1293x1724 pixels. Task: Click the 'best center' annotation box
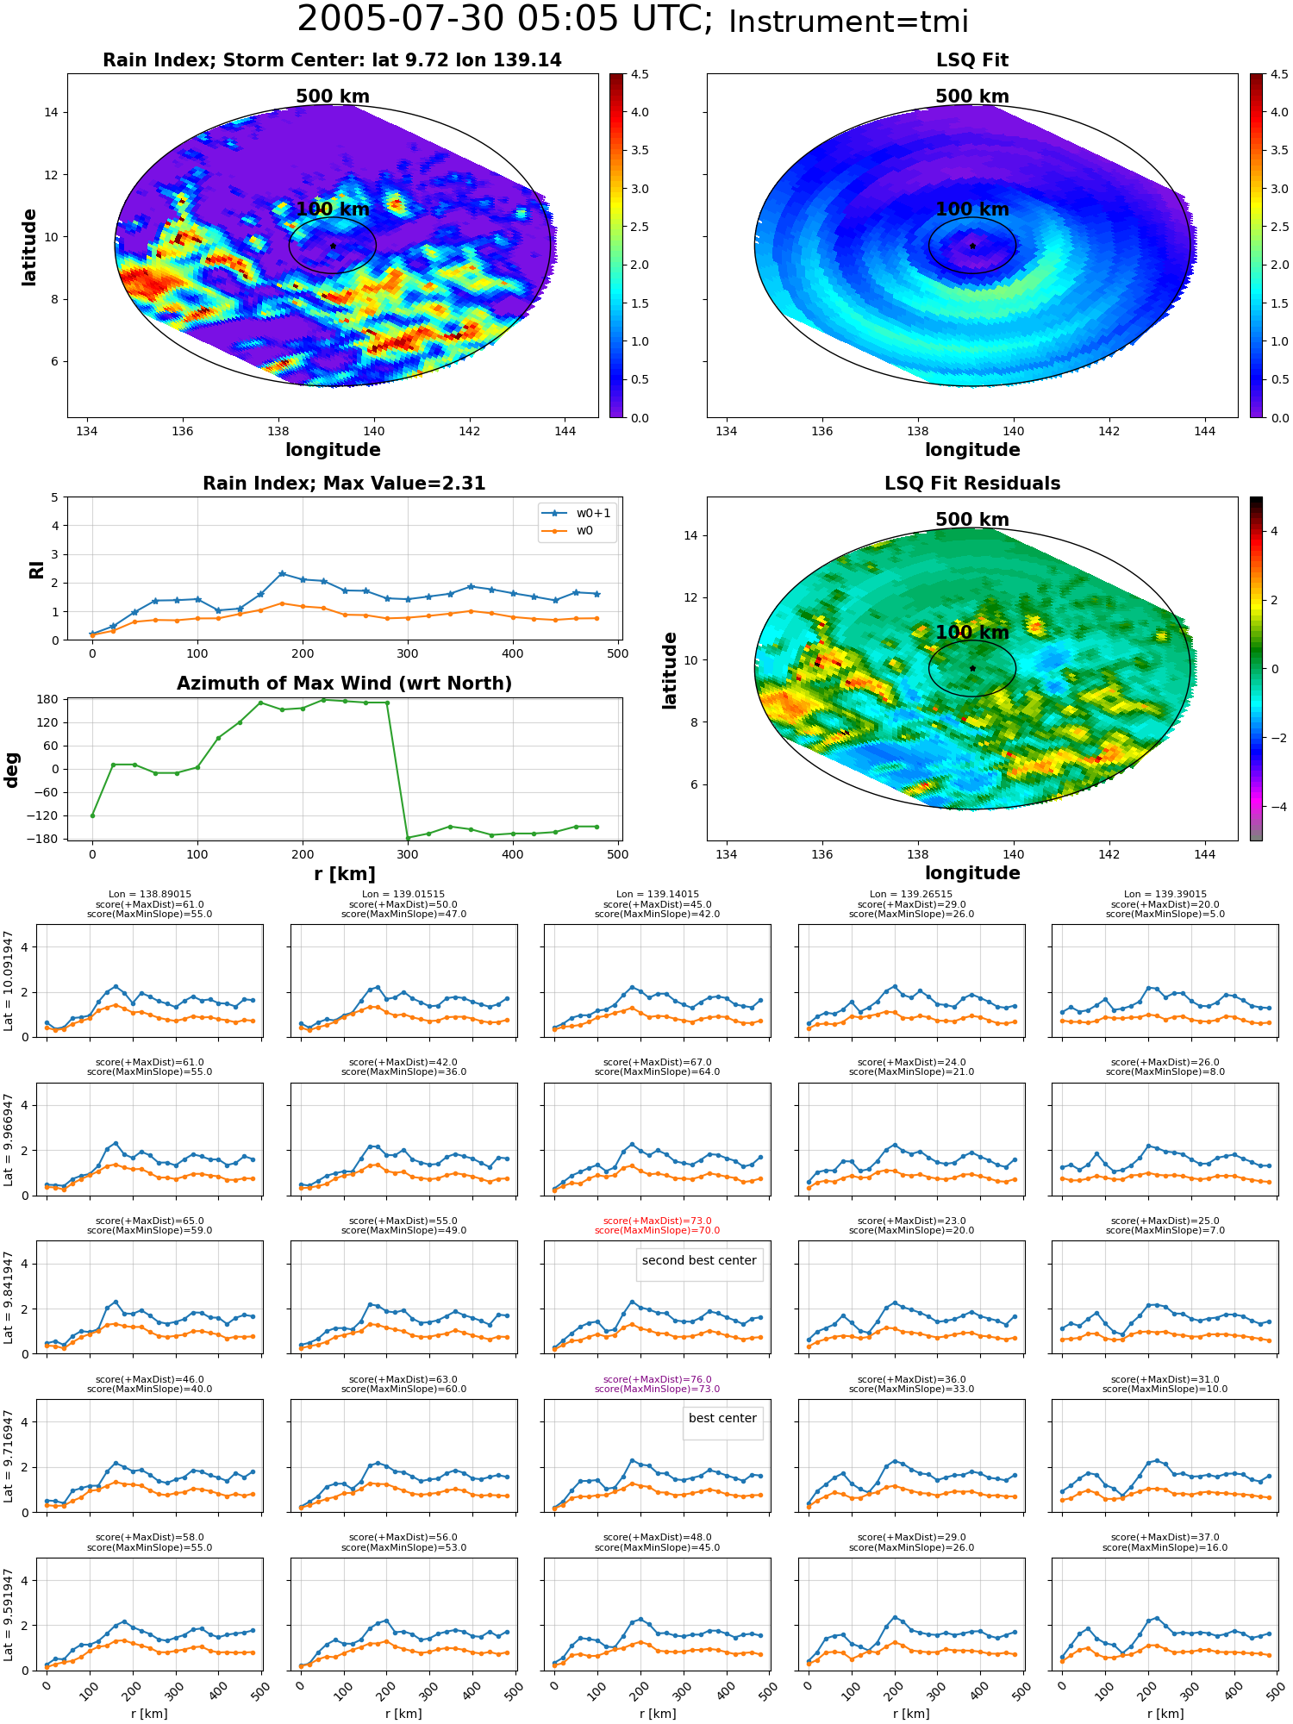[x=722, y=1419]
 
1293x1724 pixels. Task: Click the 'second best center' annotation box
[x=699, y=1261]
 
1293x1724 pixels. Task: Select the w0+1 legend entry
[x=577, y=513]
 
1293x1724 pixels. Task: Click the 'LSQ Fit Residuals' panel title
[x=972, y=484]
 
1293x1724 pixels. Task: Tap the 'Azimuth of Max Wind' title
[x=344, y=684]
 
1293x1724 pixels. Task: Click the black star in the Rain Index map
[x=333, y=246]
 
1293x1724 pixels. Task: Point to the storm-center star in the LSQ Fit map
[x=972, y=246]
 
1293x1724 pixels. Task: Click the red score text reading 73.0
[x=657, y=1221]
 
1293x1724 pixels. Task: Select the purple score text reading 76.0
[x=657, y=1379]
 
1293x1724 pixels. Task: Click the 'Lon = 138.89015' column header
[x=150, y=895]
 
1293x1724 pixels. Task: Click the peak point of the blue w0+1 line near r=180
[x=282, y=573]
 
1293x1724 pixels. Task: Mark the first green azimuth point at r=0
[x=92, y=815]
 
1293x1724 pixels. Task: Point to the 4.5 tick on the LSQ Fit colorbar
[x=1279, y=74]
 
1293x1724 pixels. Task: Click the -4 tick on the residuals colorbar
[x=1274, y=807]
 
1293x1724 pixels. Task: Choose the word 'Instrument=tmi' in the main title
[x=848, y=22]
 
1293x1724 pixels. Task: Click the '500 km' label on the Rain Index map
[x=333, y=97]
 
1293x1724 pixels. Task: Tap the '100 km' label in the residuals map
[x=972, y=633]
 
